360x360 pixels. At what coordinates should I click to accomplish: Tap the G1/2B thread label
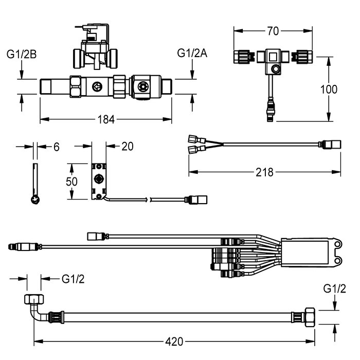[21, 53]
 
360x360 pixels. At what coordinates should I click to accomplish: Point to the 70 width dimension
[273, 31]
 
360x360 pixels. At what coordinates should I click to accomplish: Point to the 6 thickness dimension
[56, 147]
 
